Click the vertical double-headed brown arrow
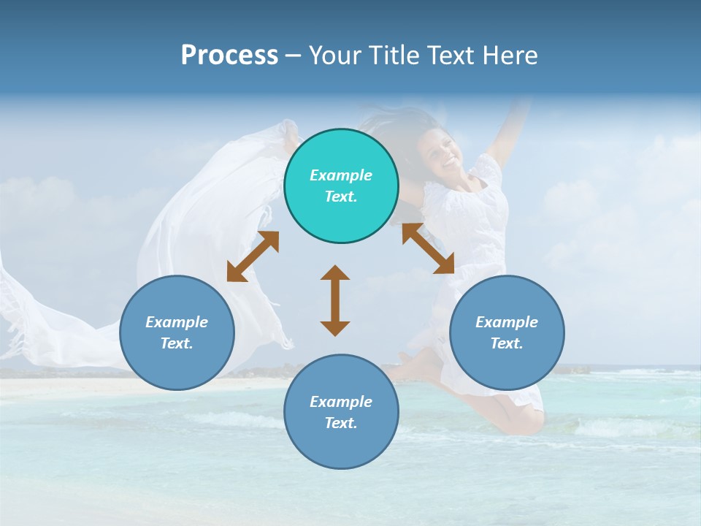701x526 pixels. (335, 300)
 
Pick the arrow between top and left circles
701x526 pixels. (253, 256)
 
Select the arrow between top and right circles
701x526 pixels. (428, 248)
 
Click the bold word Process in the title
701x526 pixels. (229, 55)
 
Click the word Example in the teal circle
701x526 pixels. (341, 175)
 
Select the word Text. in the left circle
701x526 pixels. (177, 343)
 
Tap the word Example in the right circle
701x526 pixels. (507, 322)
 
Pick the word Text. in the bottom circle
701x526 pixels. (341, 423)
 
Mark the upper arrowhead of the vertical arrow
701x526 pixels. (335, 272)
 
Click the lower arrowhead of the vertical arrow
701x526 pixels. (335, 328)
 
